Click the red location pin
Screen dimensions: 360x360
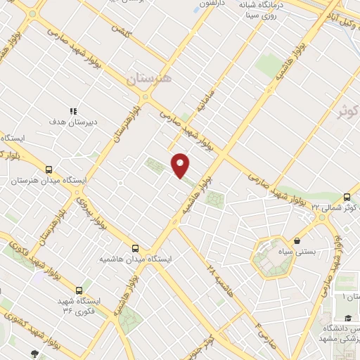[x=181, y=166]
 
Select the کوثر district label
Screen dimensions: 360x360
[x=347, y=110]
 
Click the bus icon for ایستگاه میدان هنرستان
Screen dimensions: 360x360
[x=49, y=169]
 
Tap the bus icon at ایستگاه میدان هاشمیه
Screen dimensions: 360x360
[x=136, y=248]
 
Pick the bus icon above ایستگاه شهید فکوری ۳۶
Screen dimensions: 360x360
[x=79, y=290]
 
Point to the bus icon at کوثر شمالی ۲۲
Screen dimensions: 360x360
[x=347, y=198]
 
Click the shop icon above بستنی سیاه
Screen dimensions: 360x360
[x=298, y=240]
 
